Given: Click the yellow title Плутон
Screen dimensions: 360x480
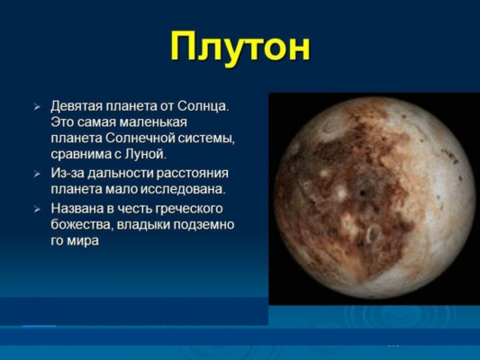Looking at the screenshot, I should point(240,47).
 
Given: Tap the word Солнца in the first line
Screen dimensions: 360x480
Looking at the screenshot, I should point(202,106).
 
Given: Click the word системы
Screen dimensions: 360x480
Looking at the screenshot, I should point(206,139).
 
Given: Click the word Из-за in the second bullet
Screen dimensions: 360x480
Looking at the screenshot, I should point(68,173).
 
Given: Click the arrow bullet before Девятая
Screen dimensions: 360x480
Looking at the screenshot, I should point(38,107).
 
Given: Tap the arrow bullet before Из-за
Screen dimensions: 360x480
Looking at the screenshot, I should point(38,173).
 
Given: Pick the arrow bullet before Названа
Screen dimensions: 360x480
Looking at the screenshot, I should point(38,208).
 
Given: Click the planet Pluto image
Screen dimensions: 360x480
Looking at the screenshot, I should point(373,197).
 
